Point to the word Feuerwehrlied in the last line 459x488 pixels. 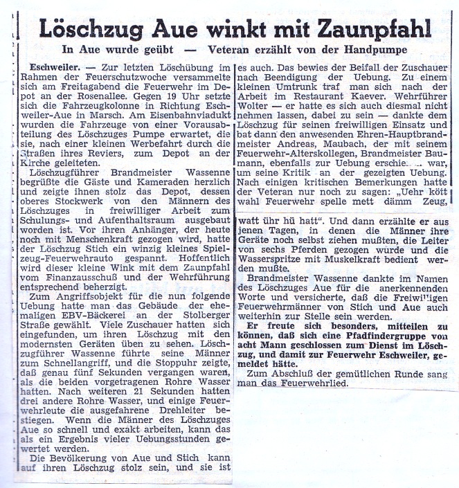point(297,382)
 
